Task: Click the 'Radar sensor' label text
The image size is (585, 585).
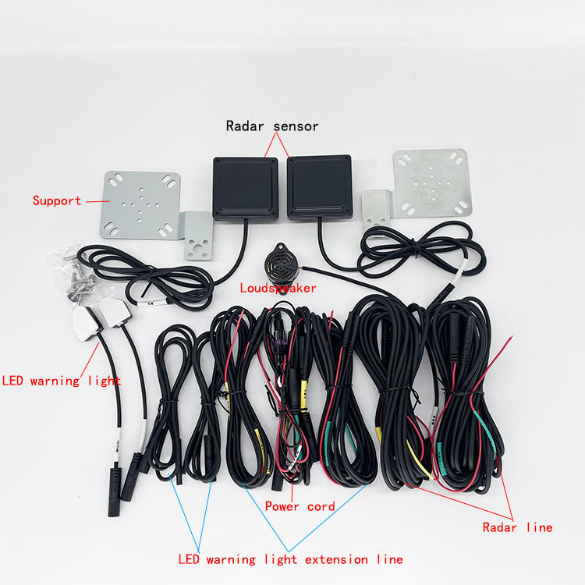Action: (x=272, y=126)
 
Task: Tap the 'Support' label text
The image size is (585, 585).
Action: (x=57, y=200)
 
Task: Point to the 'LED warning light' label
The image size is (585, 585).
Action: (x=61, y=381)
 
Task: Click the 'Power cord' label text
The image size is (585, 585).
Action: (x=300, y=506)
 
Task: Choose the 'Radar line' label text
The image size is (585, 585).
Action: (x=517, y=527)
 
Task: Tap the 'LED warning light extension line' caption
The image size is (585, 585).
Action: (x=290, y=559)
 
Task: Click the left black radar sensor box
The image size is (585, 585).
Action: (x=245, y=188)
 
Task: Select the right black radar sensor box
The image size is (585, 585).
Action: (x=320, y=188)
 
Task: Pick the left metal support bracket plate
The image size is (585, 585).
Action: (x=140, y=204)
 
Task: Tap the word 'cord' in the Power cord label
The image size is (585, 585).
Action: (x=320, y=506)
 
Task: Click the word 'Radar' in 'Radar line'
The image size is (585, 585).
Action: (x=500, y=527)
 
